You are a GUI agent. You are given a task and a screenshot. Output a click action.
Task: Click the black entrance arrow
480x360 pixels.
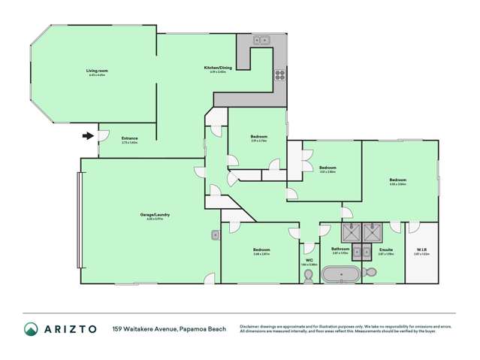click(x=88, y=136)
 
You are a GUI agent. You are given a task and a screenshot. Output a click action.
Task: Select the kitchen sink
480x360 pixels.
click(x=261, y=41)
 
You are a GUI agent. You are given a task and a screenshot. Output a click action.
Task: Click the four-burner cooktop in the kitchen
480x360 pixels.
click(x=279, y=74)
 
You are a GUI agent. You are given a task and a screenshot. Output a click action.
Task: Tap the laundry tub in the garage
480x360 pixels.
click(x=216, y=235)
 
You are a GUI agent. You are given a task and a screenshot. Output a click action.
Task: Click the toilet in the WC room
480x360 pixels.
click(x=308, y=275)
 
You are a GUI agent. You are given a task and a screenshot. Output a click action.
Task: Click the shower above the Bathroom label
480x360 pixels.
click(x=350, y=231)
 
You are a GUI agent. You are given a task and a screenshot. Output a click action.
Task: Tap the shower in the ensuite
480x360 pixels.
click(x=373, y=231)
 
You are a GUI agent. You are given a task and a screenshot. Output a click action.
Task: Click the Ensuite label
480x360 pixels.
click(x=387, y=249)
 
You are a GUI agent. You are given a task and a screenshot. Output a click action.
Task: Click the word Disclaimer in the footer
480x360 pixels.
click(x=250, y=326)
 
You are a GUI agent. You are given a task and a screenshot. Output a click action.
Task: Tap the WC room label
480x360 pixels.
click(x=309, y=260)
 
